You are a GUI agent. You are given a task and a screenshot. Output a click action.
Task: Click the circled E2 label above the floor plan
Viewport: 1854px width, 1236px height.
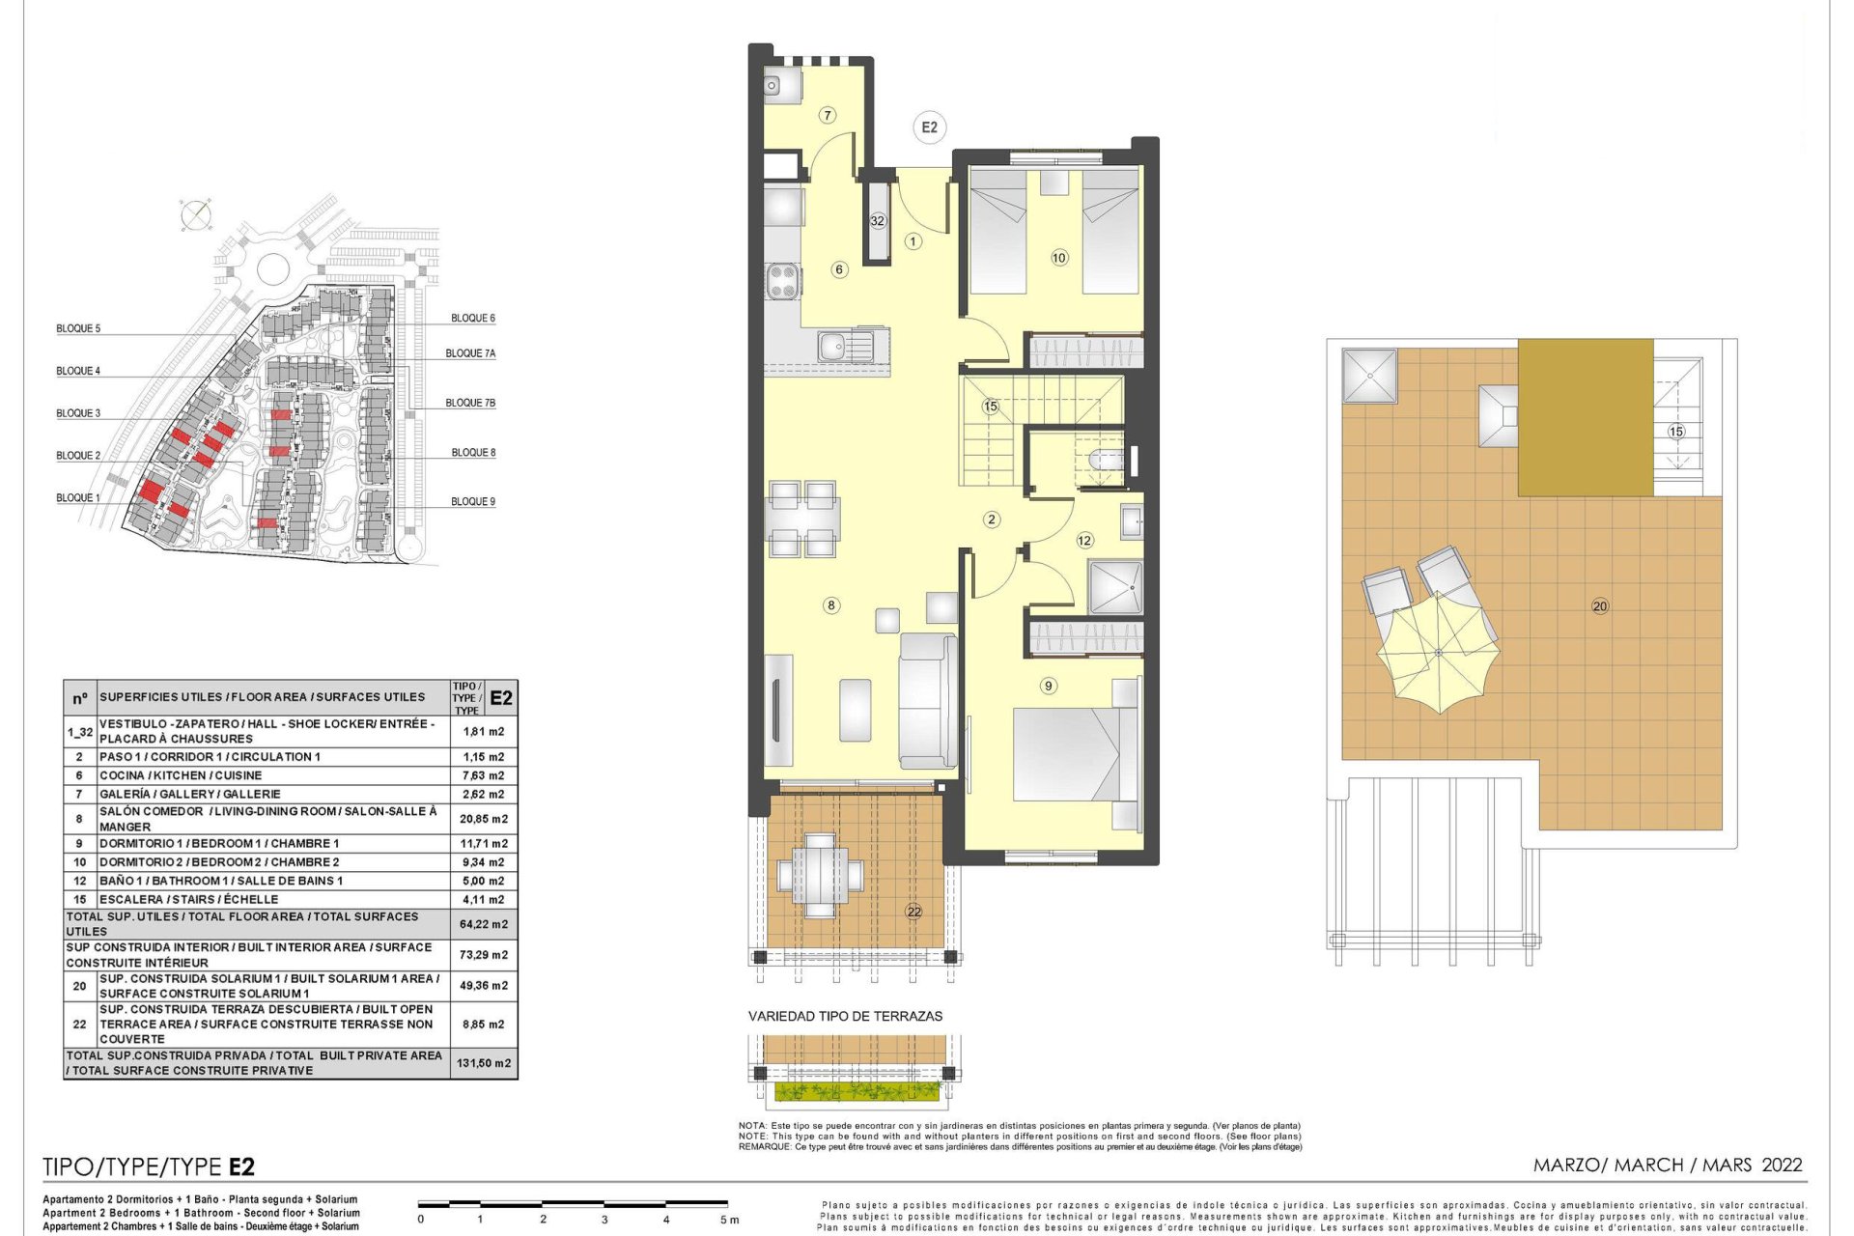(x=929, y=127)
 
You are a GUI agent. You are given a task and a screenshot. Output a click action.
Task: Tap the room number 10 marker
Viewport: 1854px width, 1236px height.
(x=1059, y=258)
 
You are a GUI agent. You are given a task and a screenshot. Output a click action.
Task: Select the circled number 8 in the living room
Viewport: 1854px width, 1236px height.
(x=831, y=605)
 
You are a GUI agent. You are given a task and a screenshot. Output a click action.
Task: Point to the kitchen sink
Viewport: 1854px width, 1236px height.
(x=846, y=346)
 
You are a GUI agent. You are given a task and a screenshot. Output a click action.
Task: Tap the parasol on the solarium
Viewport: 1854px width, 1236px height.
(x=1439, y=653)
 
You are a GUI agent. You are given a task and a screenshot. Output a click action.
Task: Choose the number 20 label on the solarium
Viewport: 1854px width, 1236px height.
(x=1600, y=606)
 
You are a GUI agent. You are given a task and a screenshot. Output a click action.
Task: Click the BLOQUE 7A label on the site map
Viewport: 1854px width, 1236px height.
(x=470, y=353)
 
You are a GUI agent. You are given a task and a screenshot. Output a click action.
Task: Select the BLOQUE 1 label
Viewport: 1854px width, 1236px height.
(x=78, y=498)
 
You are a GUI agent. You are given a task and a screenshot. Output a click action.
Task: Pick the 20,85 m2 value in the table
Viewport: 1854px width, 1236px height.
(x=484, y=819)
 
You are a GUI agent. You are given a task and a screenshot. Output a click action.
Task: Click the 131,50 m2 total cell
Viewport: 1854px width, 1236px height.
(x=484, y=1063)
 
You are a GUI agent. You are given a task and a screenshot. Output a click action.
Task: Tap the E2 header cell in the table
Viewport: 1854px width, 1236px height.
(x=501, y=698)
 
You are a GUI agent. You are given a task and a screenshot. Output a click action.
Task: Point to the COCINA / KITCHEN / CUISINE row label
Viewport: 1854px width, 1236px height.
(x=181, y=775)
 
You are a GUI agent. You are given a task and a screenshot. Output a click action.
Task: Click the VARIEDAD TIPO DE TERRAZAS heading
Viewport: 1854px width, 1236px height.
(x=845, y=1016)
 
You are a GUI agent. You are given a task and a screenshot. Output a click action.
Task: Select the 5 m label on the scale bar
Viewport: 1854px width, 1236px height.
(x=729, y=1220)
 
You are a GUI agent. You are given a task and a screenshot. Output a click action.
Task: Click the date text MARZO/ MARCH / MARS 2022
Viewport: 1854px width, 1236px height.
(x=1668, y=1165)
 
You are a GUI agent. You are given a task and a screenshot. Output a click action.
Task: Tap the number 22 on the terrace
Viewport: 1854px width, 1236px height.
(x=913, y=911)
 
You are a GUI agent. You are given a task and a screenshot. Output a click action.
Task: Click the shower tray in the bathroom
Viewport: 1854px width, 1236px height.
(x=1115, y=587)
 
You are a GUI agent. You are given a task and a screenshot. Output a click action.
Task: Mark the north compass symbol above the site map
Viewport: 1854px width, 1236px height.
(x=196, y=215)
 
